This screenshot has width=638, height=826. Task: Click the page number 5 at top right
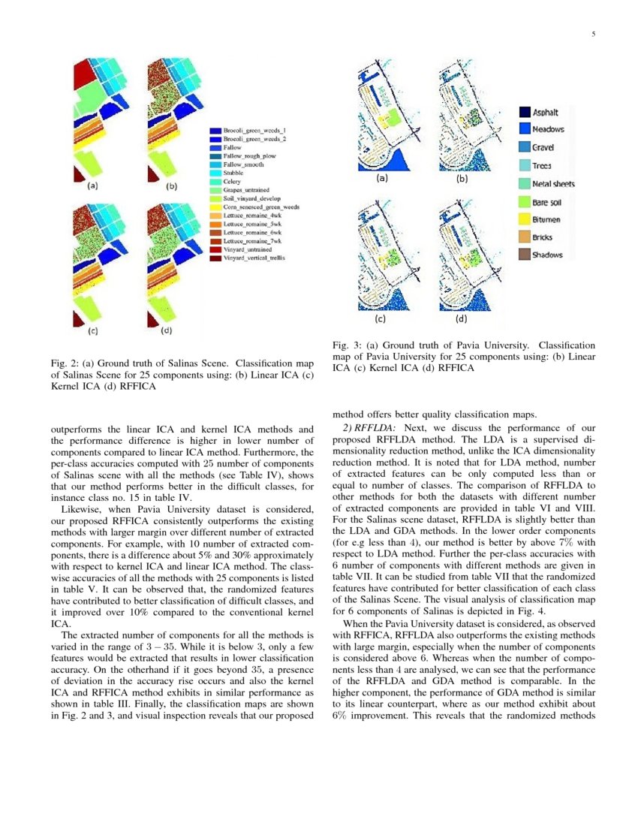(x=593, y=33)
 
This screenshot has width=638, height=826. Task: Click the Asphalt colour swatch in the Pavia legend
(x=523, y=112)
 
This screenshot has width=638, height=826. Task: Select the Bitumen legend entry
(x=546, y=219)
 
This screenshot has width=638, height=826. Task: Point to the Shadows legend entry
(x=547, y=255)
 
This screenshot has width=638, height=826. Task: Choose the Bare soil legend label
(x=548, y=201)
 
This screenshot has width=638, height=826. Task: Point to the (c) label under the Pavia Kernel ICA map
(x=381, y=318)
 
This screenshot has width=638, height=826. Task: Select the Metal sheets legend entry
(x=554, y=183)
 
